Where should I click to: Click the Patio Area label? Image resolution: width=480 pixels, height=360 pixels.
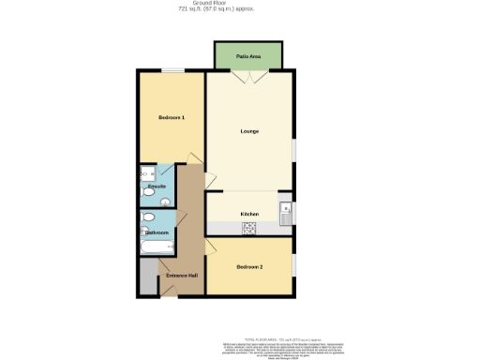(x=248, y=56)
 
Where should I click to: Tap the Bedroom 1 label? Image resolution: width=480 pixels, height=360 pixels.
(x=171, y=117)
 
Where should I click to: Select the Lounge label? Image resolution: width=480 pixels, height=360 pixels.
(x=249, y=131)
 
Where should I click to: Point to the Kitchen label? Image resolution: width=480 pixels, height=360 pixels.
(x=249, y=215)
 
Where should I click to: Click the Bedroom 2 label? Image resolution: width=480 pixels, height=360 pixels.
(x=249, y=267)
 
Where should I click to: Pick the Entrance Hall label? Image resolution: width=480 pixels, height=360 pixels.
(x=182, y=275)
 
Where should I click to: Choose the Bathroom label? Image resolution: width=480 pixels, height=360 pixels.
(x=156, y=232)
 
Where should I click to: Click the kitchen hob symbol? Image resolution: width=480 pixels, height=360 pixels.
(x=250, y=228)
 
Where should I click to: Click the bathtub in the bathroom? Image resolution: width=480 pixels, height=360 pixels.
(x=156, y=248)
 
